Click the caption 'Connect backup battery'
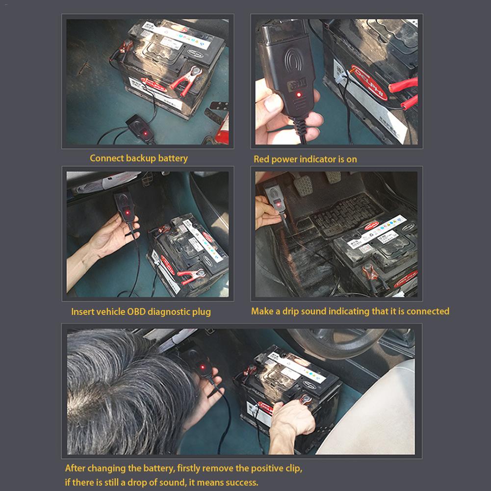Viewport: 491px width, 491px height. pos(138,158)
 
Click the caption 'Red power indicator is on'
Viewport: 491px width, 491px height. pos(305,159)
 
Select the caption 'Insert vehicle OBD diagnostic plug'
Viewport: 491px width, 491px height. pos(141,311)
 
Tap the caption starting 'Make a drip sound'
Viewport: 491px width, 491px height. pos(350,311)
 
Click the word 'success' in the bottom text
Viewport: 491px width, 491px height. pos(241,482)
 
